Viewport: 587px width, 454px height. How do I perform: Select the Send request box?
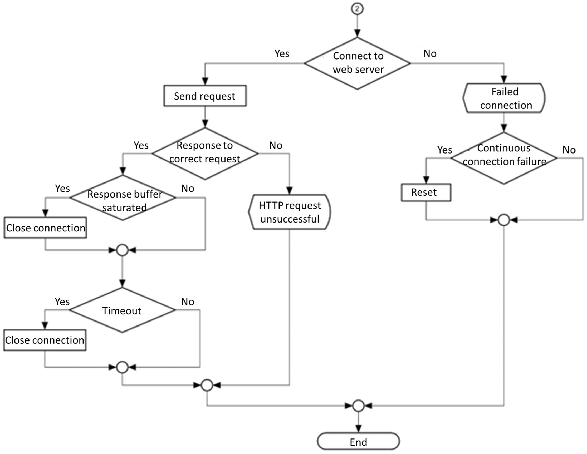205,96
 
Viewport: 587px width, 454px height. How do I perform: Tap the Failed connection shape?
504,98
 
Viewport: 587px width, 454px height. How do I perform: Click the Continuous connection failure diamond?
504,158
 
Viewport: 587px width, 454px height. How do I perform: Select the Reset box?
426,192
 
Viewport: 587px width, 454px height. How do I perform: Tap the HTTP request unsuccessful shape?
289,212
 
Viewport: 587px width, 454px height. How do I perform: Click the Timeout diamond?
122,310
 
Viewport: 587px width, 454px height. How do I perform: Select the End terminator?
358,442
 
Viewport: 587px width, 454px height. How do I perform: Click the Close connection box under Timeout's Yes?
45,340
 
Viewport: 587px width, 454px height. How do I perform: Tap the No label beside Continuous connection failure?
569,150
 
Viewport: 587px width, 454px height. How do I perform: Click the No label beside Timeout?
187,302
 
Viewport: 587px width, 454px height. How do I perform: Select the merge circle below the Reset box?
504,220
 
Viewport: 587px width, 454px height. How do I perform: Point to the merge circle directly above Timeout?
122,250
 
